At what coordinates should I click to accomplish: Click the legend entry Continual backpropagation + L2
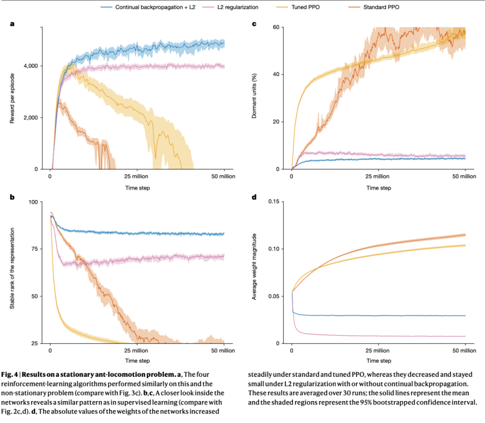tap(148, 7)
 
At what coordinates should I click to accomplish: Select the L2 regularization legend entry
tap(230, 7)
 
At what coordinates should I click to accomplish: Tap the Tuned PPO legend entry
tap(298, 7)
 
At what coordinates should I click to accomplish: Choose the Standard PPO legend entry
tap(374, 7)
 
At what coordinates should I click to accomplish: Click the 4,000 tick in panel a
tap(31, 66)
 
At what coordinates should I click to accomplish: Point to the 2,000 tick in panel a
tap(31, 118)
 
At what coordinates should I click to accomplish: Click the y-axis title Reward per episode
tap(12, 98)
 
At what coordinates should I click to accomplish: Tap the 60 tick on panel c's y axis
tap(276, 27)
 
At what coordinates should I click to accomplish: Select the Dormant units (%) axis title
tap(254, 96)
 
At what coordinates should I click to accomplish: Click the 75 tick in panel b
tap(34, 249)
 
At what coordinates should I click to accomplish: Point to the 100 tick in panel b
tap(33, 202)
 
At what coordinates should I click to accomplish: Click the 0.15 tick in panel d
tap(274, 202)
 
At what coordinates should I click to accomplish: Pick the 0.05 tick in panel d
tap(274, 296)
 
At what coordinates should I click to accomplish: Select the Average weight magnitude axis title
tap(254, 267)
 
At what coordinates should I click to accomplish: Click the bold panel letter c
tap(254, 24)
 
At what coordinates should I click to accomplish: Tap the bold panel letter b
tap(12, 197)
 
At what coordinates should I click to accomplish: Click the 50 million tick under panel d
tap(464, 351)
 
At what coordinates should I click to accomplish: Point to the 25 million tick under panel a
tap(136, 176)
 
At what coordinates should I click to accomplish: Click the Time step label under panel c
tap(379, 188)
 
